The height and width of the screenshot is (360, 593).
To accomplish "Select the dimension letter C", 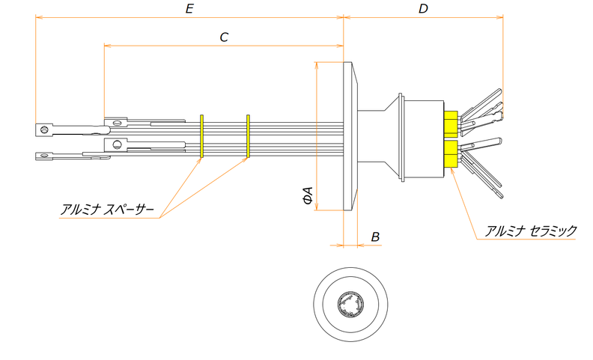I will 224,37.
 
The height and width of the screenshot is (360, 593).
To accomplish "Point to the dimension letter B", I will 376,237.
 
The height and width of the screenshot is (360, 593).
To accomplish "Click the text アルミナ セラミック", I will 530,231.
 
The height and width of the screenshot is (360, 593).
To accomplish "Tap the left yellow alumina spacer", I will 202,136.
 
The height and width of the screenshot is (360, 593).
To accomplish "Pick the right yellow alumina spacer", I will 248,136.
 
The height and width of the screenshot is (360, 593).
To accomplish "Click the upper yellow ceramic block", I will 450,124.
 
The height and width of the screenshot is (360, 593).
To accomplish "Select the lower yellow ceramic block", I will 450,153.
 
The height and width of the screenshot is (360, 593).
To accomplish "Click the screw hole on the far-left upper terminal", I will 44,129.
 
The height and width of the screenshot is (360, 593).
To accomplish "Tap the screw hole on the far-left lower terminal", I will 43,156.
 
